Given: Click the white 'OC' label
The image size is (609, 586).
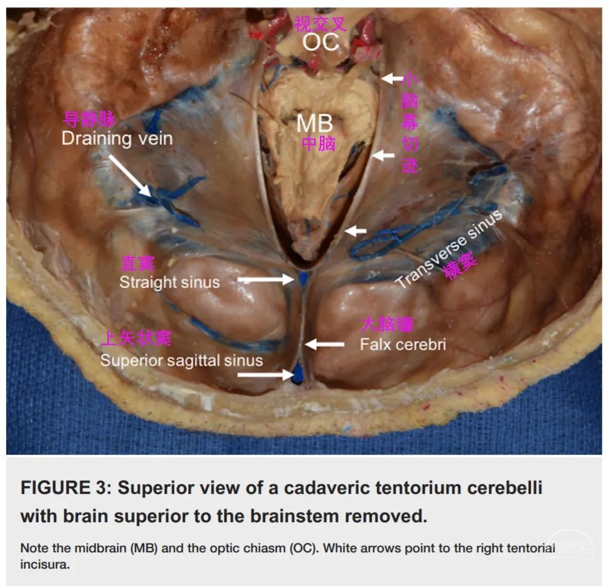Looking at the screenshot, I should click(320, 42).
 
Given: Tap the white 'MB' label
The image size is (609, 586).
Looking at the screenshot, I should click(314, 123).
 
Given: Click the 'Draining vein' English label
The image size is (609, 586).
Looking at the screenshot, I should click(117, 139).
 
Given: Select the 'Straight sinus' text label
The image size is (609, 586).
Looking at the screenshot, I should click(169, 282).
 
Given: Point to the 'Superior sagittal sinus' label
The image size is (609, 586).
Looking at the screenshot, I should click(181, 360).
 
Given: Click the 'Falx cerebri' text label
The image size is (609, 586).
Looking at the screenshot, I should click(402, 345).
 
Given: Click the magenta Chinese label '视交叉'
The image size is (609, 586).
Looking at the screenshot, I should click(320, 24).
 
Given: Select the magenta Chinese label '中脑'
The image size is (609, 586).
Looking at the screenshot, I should click(319, 144).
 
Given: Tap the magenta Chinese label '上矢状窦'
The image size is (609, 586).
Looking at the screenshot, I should click(136, 338).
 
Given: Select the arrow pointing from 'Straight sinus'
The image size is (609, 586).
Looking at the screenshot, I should click(265, 279).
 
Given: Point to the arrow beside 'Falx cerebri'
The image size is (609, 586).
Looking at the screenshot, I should click(326, 344).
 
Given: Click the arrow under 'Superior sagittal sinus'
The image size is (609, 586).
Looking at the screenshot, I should click(264, 375).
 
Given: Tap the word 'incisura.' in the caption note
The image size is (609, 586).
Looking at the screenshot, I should click(43, 566).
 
